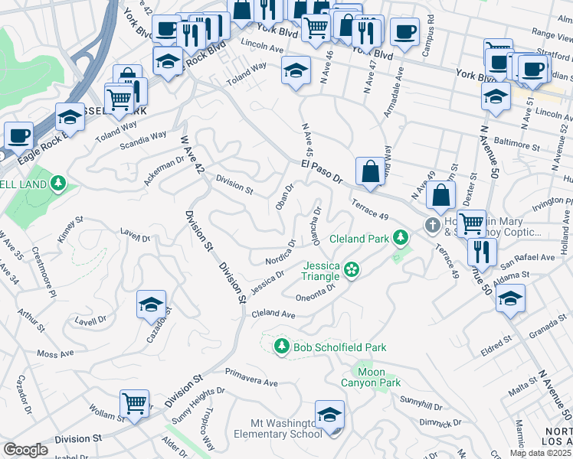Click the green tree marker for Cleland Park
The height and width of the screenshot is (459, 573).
(399, 239)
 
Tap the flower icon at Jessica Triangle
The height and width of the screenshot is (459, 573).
(352, 269)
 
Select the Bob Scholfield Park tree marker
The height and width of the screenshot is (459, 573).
(282, 347)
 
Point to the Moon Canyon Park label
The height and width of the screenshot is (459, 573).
(371, 377)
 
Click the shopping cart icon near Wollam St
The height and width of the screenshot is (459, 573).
(135, 402)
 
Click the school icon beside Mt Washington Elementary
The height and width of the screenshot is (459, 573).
(329, 415)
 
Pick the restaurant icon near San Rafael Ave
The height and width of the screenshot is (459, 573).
(482, 250)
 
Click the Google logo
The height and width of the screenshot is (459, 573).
(25, 450)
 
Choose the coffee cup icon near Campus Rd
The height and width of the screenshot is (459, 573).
(404, 31)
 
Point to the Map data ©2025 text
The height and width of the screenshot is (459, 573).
(541, 452)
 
